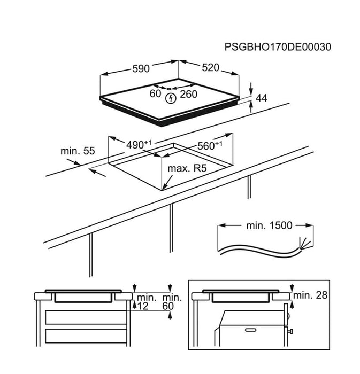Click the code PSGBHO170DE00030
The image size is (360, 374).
(278, 47)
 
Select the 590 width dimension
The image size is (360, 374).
(141, 69)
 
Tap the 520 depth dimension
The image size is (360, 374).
(211, 68)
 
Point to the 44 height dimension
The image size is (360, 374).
(262, 98)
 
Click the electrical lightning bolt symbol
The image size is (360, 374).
(171, 98)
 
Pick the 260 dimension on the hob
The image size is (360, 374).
(189, 94)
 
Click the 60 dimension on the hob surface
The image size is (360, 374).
(156, 93)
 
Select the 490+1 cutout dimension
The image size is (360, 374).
(139, 145)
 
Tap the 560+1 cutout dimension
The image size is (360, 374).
(210, 145)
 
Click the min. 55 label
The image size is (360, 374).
(78, 151)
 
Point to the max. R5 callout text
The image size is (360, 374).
(187, 168)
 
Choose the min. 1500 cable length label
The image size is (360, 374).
(269, 225)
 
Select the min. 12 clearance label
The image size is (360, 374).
(146, 302)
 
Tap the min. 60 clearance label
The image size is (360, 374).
(172, 302)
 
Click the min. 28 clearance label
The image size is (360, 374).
(310, 295)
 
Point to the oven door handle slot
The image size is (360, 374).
(251, 330)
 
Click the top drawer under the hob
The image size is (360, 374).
(86, 317)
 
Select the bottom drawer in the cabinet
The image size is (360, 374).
(86, 336)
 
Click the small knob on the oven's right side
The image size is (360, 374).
(291, 331)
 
